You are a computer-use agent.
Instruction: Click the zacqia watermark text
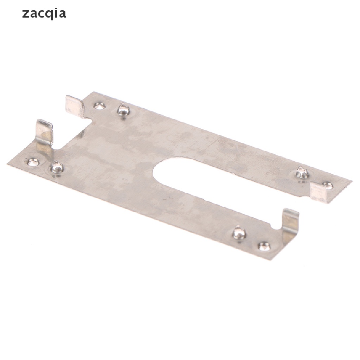[x=44, y=14]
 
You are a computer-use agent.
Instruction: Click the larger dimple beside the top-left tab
[x=124, y=110]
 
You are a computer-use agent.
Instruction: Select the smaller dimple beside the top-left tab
[x=100, y=106]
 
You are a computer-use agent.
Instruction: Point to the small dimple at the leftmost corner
[x=33, y=162]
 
